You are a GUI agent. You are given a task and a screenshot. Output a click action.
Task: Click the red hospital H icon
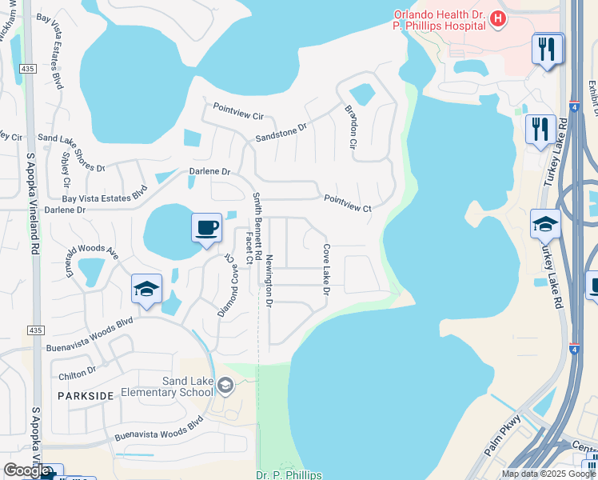tap(499, 18)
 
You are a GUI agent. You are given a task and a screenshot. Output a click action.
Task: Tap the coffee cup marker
tap(206, 228)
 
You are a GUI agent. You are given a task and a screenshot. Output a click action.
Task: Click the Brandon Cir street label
tap(351, 126)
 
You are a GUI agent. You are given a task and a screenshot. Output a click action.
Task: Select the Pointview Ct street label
tap(347, 203)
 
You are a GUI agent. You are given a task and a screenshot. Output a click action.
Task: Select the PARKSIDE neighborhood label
tap(86, 396)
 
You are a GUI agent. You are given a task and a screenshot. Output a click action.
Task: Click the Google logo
tap(26, 470)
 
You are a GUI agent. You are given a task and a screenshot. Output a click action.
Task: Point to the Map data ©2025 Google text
tap(548, 474)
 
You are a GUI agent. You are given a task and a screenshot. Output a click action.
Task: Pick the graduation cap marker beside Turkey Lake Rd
tap(545, 225)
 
